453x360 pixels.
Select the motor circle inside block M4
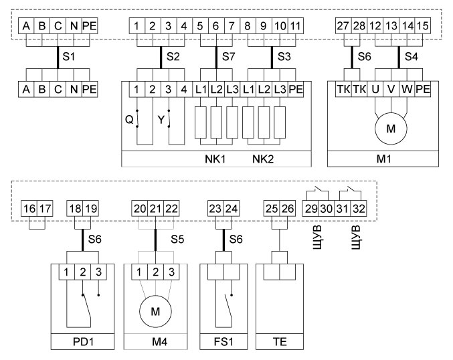155,311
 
